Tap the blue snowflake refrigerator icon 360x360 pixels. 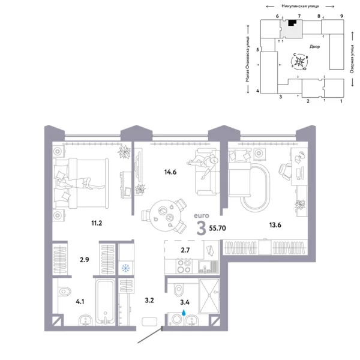tap(126, 268)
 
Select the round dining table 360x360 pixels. tap(162, 211)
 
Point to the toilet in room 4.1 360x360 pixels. tap(62, 293)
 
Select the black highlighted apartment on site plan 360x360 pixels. tap(292, 23)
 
